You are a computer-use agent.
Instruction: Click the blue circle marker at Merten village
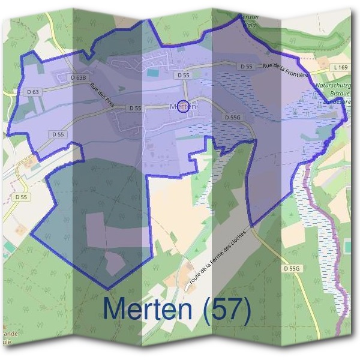pos(183,106)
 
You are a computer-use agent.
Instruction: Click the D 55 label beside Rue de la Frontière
pos(245,67)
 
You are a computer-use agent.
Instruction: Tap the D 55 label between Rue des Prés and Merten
pos(134,108)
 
